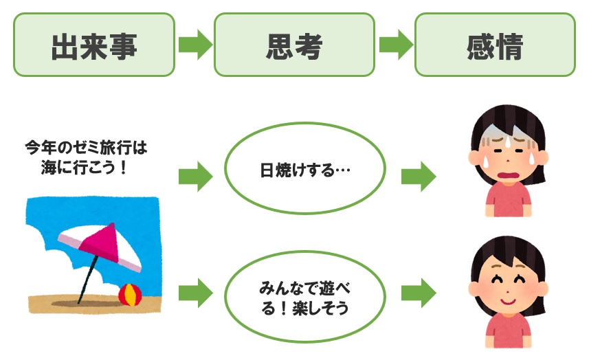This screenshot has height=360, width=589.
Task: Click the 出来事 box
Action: [94, 45]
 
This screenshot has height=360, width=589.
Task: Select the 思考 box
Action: [294, 45]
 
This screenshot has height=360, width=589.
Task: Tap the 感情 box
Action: [495, 45]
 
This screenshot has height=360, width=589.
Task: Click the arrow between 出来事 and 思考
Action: [195, 45]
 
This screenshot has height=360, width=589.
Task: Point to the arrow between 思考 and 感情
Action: [395, 45]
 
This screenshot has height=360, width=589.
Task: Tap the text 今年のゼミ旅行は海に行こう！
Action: [86, 157]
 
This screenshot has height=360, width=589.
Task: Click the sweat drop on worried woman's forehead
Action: [504, 142]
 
